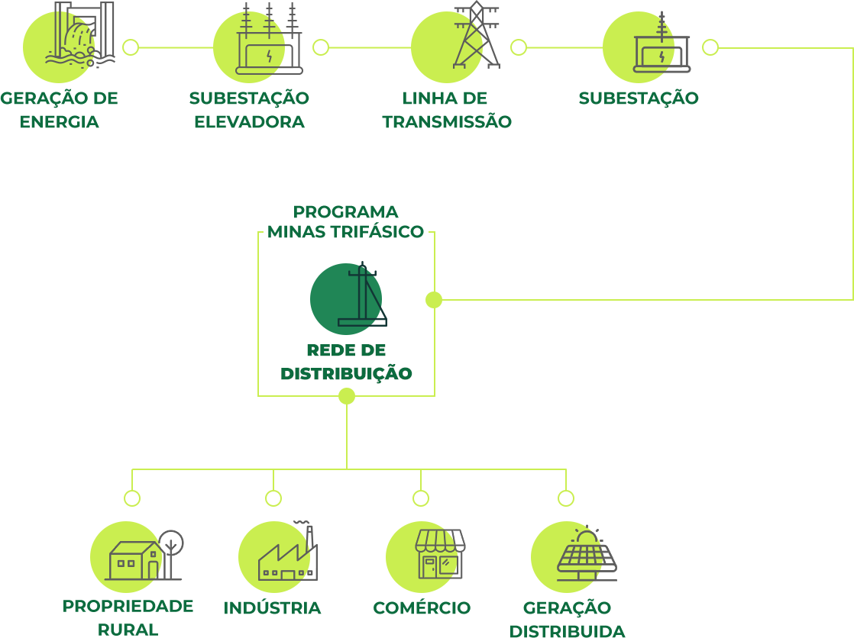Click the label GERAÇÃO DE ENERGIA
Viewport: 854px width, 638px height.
pos(59,110)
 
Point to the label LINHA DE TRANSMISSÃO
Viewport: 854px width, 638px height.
pos(447,110)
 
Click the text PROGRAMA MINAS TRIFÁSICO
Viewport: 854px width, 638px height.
pos(345,221)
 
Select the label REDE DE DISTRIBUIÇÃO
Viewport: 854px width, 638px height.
pos(346,362)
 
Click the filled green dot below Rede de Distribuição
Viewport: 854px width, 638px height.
pos(347,396)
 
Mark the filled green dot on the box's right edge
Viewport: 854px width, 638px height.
pos(434,300)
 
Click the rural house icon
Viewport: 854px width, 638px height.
pos(134,561)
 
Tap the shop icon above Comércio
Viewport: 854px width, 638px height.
pos(439,554)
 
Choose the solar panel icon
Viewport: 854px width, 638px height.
pos(586,556)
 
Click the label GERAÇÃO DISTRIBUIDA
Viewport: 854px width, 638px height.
pos(567,619)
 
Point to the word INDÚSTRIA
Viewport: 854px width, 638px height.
pos(272,607)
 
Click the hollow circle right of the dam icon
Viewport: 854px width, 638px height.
pos(131,47)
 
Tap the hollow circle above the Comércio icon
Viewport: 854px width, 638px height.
pos(421,498)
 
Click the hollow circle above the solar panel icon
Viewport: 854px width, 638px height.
pos(566,498)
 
